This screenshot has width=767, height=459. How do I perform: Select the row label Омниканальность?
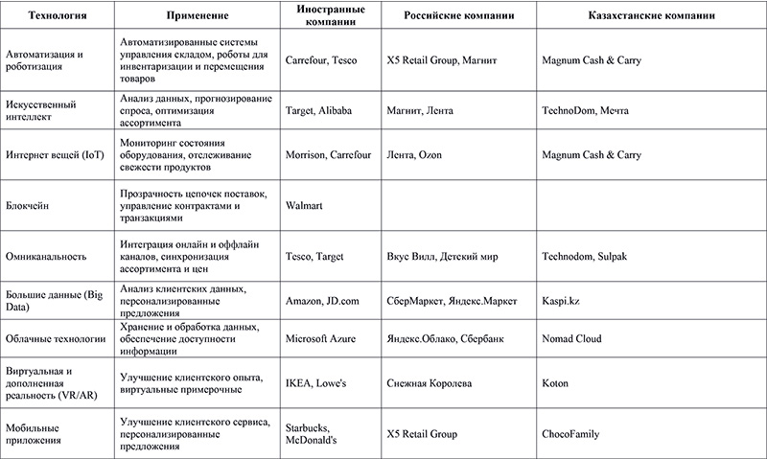click(46, 256)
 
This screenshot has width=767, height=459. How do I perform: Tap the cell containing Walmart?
click(306, 204)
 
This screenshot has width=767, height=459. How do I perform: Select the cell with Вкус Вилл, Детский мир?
click(441, 256)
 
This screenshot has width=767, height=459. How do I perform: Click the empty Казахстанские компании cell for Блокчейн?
click(649, 204)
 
